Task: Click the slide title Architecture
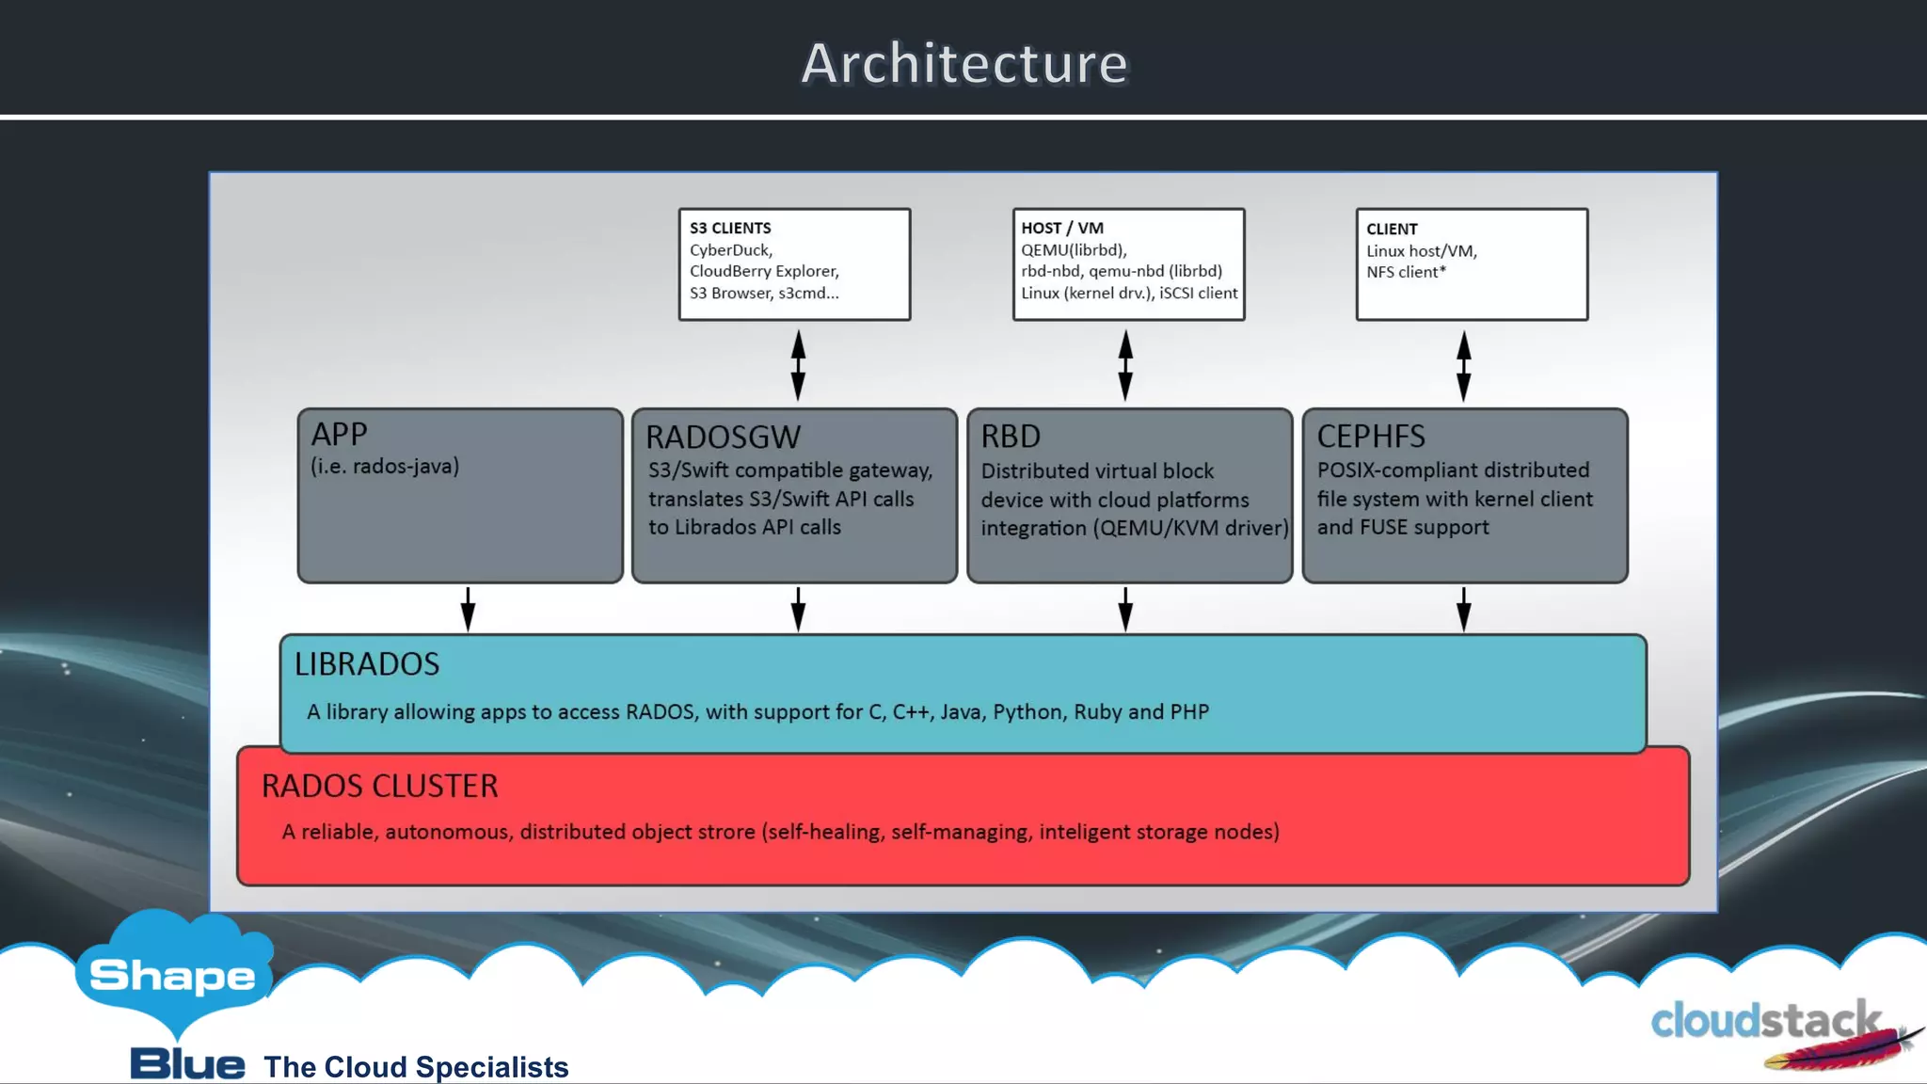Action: pyautogui.click(x=963, y=64)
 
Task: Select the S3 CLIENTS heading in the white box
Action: pyautogui.click(x=730, y=229)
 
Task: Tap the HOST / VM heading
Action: pyautogui.click(x=1062, y=229)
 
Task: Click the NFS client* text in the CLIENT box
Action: pyautogui.click(x=1406, y=272)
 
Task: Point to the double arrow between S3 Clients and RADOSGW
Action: pyautogui.click(x=798, y=365)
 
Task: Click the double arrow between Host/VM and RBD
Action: pyautogui.click(x=1125, y=365)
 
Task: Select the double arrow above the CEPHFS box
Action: pyautogui.click(x=1463, y=365)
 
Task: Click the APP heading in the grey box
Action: pyautogui.click(x=339, y=434)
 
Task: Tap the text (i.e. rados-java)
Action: pyautogui.click(x=385, y=466)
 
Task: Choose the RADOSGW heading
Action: pyautogui.click(x=723, y=438)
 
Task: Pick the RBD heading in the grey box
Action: pyautogui.click(x=1011, y=437)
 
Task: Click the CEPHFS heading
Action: pyautogui.click(x=1371, y=437)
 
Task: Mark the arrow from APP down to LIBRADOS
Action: pyautogui.click(x=468, y=610)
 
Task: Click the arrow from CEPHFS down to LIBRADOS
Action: pyautogui.click(x=1463, y=610)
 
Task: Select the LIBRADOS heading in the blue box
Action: pyautogui.click(x=367, y=664)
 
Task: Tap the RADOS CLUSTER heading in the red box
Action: pyautogui.click(x=379, y=787)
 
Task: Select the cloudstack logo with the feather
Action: pyautogui.click(x=1778, y=1030)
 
